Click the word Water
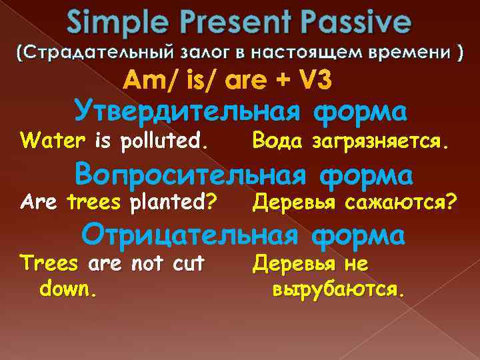pos(55,141)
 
